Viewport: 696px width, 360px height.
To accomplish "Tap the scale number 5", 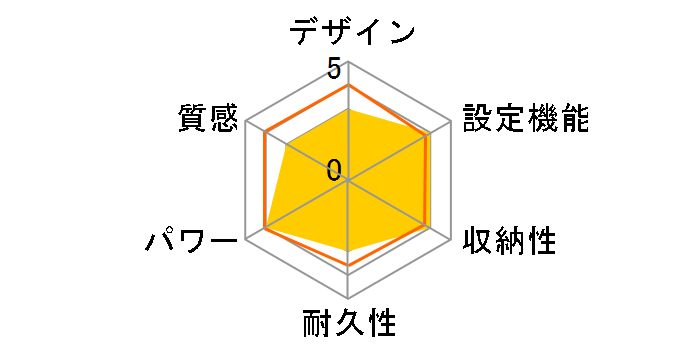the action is coord(334,69).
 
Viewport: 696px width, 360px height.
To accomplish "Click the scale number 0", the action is coord(334,170).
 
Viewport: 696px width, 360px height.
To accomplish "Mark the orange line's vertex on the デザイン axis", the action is coord(348,86).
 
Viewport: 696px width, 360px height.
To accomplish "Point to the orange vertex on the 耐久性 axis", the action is coord(348,265).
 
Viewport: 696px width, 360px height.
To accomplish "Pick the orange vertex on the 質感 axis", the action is coord(266,133).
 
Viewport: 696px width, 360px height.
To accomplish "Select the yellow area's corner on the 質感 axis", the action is coord(286,145).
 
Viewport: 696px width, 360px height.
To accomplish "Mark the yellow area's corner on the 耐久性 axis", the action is coord(348,248).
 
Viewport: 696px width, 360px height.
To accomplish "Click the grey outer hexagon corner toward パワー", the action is coord(246,239).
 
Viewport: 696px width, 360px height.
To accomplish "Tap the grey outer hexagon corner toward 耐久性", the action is coord(348,298).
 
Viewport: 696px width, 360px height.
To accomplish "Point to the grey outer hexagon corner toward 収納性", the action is coord(450,239).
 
